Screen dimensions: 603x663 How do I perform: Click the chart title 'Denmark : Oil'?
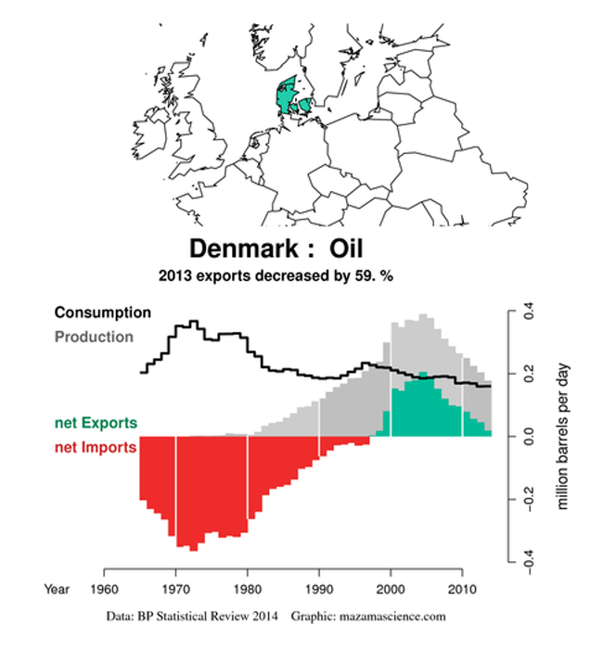click(276, 249)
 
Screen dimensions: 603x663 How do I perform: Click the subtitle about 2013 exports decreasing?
click(276, 275)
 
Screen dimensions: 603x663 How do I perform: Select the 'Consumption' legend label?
click(103, 312)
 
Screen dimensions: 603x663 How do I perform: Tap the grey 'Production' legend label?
click(94, 337)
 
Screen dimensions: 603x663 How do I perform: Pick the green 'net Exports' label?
click(96, 423)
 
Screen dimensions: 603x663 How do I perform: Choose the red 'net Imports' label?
click(96, 447)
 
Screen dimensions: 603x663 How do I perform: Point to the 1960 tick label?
click(104, 589)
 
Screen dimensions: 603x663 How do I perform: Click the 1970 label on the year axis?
click(175, 589)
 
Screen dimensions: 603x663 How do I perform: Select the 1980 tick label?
click(248, 589)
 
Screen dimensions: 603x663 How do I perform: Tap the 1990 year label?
click(319, 589)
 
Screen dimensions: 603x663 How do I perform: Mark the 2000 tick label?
click(391, 589)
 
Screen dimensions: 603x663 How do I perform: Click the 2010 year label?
click(463, 589)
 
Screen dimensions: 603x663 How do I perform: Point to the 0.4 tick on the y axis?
click(529, 311)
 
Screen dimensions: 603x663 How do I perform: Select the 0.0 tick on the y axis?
click(529, 437)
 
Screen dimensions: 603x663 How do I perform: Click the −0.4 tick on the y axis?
click(529, 563)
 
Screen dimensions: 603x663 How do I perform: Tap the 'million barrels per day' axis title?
click(562, 437)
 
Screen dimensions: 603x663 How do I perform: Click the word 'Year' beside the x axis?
click(57, 589)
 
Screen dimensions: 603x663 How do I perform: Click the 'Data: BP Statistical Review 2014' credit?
click(192, 616)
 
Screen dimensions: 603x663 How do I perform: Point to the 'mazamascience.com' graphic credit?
click(391, 616)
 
